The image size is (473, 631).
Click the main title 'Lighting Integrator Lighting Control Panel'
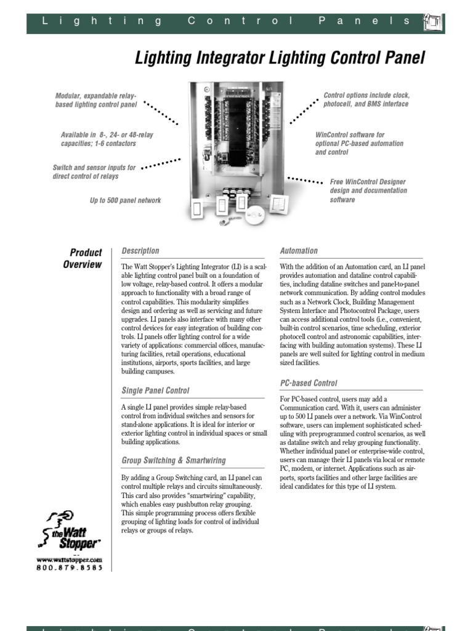click(x=280, y=59)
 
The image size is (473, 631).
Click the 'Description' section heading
click(x=140, y=251)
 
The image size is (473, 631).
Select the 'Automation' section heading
click(x=299, y=251)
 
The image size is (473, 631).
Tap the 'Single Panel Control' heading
click(x=155, y=390)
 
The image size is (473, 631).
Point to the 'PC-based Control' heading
click(x=309, y=383)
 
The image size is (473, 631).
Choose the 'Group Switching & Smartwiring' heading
click(x=174, y=460)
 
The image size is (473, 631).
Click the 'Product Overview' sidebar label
click(x=84, y=258)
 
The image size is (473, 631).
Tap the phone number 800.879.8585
click(x=69, y=568)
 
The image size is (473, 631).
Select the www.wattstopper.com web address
click(x=69, y=559)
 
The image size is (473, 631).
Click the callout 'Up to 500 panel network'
click(x=125, y=200)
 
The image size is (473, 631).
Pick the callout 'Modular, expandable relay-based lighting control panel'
click(x=95, y=100)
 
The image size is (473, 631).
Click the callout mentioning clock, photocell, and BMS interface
click(x=366, y=100)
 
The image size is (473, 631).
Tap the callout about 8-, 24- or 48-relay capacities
click(x=98, y=139)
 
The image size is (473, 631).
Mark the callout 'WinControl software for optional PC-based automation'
click(x=359, y=144)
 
